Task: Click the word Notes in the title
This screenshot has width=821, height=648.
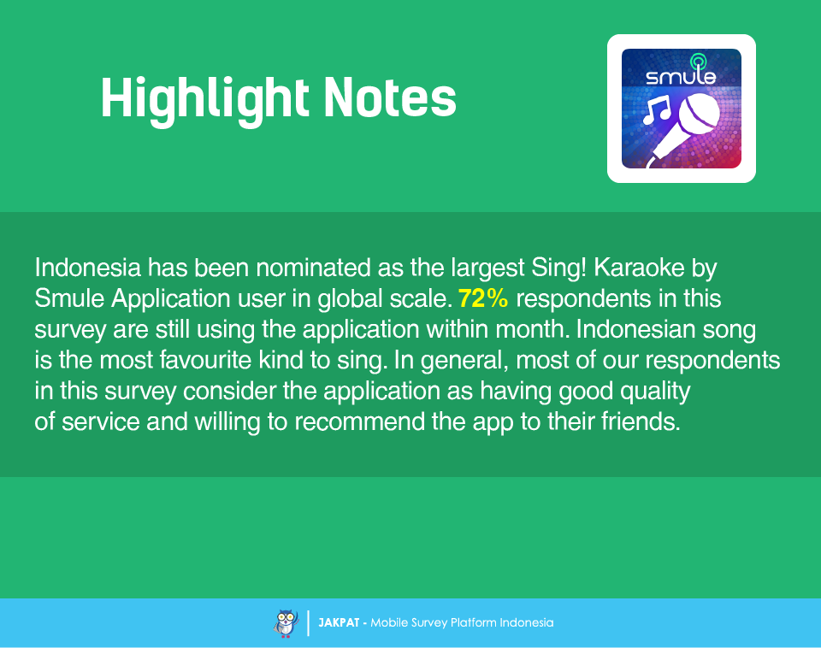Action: click(x=390, y=97)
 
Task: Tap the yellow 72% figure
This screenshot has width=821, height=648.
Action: click(x=482, y=298)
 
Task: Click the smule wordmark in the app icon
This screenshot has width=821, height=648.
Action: click(x=681, y=77)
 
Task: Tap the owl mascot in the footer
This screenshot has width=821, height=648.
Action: click(x=286, y=623)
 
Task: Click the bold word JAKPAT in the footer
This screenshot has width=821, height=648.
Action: click(x=339, y=623)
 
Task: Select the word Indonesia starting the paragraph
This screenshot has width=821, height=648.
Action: click(x=88, y=268)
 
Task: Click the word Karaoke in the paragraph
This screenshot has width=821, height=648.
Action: click(x=640, y=268)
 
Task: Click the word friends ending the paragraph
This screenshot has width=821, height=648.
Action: click(x=641, y=421)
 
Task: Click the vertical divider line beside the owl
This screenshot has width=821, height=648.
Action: click(x=309, y=623)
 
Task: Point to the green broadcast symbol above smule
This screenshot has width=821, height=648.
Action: click(x=698, y=62)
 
